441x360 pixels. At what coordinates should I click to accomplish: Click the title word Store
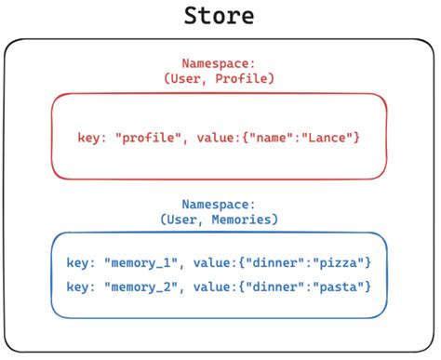point(220,16)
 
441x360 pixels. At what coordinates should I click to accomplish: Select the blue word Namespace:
point(219,203)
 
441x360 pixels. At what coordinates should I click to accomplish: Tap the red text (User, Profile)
point(219,79)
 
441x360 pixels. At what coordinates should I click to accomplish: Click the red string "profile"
point(148,138)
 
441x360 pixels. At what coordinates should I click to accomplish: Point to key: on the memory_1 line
point(82,263)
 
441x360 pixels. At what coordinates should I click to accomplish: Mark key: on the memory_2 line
point(82,285)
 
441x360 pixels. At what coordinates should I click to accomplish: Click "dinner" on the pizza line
point(279,263)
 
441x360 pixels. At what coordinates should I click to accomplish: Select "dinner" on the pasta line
point(279,285)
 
